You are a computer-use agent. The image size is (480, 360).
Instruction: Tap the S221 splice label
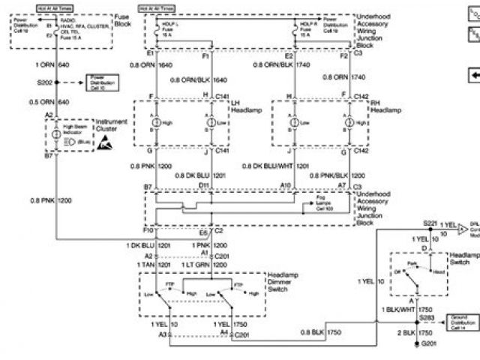pos(429,223)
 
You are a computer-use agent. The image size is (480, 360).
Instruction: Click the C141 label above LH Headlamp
pos(223,96)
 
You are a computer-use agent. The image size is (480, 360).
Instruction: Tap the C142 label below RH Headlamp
pos(361,151)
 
